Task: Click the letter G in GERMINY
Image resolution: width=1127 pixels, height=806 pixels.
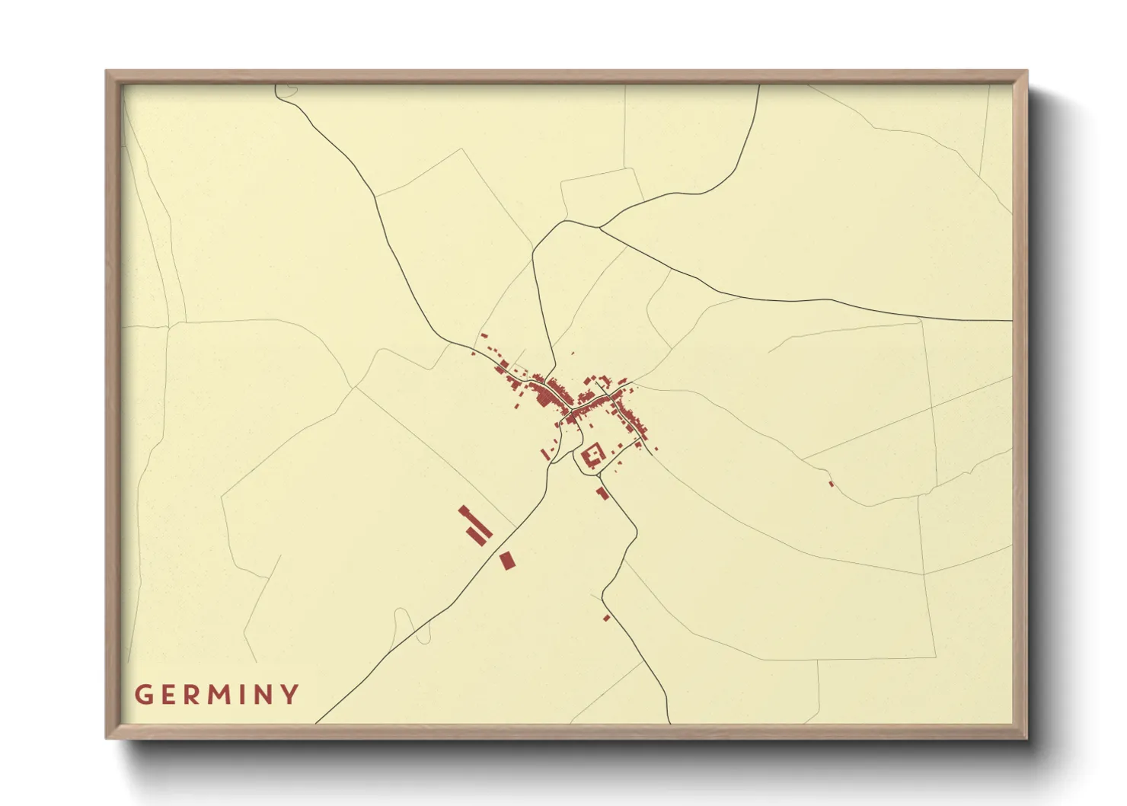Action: [x=143, y=695]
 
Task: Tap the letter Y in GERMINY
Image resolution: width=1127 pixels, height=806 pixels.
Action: [x=289, y=695]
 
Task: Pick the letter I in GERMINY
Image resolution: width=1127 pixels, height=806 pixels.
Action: [x=243, y=695]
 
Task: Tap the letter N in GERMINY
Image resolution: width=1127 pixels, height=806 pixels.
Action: [x=263, y=695]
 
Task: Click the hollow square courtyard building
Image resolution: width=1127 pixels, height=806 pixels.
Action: [x=592, y=455]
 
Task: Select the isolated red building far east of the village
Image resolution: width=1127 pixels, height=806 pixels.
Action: [x=831, y=484]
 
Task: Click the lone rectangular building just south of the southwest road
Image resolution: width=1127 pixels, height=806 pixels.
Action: [x=507, y=561]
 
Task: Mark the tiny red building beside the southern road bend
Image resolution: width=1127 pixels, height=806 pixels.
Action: [x=607, y=617]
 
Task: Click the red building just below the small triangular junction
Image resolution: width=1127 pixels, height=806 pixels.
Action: [x=602, y=493]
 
